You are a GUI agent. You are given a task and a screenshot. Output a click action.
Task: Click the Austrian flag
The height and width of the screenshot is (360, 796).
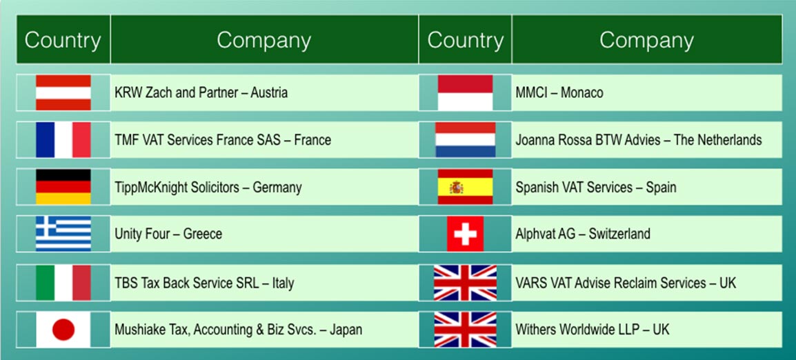63,92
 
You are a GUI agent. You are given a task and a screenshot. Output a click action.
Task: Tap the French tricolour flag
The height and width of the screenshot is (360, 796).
63,139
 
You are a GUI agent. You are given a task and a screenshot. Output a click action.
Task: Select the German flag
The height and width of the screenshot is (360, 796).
63,187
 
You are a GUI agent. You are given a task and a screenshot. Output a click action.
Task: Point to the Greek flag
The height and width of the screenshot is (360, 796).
63,234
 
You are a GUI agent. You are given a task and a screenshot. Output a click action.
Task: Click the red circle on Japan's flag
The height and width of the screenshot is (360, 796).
63,330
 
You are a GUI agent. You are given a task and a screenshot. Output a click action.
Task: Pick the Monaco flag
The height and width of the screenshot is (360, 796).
465,92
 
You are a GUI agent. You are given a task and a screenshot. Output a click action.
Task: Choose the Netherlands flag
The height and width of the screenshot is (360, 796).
465,139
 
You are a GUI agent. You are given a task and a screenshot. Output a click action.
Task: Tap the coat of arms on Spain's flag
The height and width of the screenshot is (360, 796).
457,188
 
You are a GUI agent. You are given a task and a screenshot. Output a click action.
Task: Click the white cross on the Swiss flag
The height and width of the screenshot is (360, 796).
465,234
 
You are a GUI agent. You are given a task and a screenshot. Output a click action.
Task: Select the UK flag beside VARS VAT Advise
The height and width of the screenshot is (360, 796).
465,282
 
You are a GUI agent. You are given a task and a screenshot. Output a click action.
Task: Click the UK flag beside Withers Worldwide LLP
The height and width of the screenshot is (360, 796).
465,330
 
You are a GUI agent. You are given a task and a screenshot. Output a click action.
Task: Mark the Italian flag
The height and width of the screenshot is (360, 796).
63,282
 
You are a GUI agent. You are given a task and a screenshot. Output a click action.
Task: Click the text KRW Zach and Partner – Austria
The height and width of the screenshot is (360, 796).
201,93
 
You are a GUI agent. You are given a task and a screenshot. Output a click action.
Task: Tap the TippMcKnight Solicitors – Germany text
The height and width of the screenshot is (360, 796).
208,188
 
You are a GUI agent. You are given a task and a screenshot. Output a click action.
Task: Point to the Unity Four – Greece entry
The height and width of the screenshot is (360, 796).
168,234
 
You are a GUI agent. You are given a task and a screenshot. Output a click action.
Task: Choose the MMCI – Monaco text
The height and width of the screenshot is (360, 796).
559,93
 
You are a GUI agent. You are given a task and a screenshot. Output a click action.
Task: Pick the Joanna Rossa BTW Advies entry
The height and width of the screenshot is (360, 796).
639,139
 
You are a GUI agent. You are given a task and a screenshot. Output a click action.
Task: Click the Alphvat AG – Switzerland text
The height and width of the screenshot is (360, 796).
583,234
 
